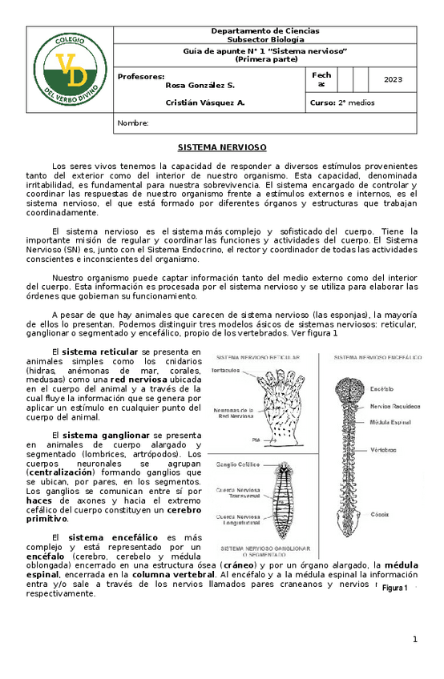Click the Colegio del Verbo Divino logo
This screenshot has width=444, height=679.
70,68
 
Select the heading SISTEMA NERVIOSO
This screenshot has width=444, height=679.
221,148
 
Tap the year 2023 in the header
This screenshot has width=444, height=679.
394,80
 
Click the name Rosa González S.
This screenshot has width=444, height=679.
200,84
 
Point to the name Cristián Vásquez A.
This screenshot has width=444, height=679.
205,102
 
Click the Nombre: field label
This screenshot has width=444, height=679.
133,123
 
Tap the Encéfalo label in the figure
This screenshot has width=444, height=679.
382,388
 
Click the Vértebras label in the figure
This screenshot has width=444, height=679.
384,451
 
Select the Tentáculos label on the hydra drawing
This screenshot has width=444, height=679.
228,371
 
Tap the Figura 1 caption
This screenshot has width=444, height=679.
395,588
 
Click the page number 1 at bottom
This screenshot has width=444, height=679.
415,639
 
